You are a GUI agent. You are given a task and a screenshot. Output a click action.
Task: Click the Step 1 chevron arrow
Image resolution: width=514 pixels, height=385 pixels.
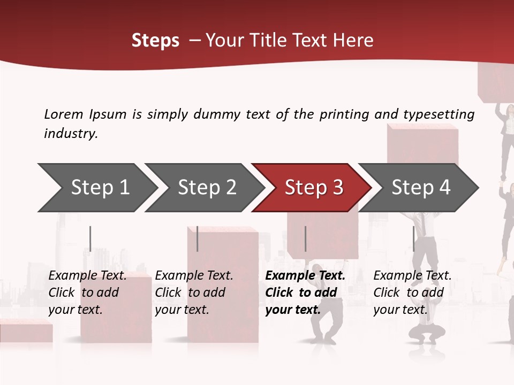96,188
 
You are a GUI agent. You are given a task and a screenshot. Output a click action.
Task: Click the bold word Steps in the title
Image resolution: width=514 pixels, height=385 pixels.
155,41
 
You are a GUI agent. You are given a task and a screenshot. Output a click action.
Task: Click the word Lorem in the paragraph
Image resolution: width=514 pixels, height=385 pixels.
64,114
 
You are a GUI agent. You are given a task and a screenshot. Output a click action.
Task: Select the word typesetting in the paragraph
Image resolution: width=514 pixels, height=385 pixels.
439,114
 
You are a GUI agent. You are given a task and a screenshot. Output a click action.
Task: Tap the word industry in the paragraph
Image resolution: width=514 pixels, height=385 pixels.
70,134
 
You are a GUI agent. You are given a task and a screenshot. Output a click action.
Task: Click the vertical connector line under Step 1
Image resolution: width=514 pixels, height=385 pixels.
90,238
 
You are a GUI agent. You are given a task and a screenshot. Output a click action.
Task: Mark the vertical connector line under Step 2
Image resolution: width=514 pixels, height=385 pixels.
198,238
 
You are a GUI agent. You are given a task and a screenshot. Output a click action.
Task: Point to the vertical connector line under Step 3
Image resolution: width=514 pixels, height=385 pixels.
306,238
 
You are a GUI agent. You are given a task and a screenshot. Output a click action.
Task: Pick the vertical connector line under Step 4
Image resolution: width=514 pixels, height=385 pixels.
413,238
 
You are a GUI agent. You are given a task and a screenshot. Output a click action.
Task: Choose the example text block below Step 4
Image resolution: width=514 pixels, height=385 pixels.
412,292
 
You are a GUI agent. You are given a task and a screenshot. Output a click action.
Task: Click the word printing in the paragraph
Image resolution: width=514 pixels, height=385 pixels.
341,114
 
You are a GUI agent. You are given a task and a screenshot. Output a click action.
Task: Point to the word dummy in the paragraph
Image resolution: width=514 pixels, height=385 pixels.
220,114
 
